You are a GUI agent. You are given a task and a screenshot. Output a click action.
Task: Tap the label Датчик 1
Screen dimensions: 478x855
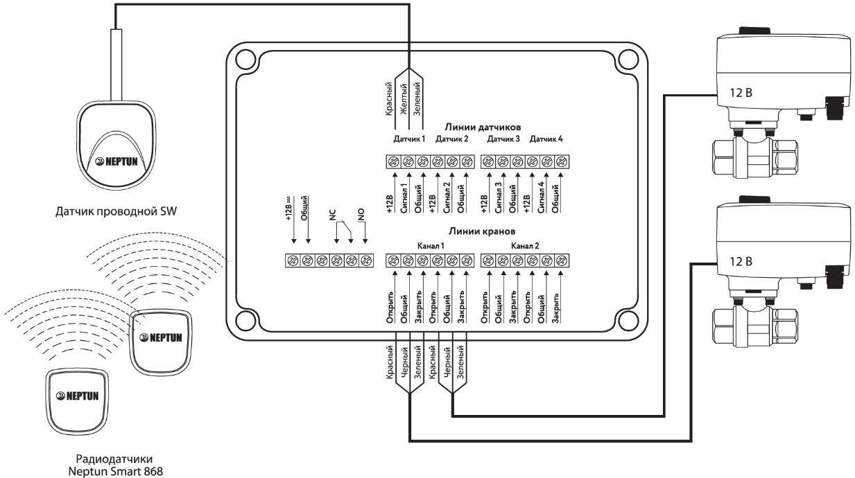pyautogui.click(x=409, y=139)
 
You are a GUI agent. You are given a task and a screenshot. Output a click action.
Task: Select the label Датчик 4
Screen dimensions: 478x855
pyautogui.click(x=546, y=139)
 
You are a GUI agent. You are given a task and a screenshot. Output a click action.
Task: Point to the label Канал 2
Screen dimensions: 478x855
pyautogui.click(x=524, y=245)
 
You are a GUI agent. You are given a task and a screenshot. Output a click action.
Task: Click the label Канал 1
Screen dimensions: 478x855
pyautogui.click(x=431, y=245)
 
